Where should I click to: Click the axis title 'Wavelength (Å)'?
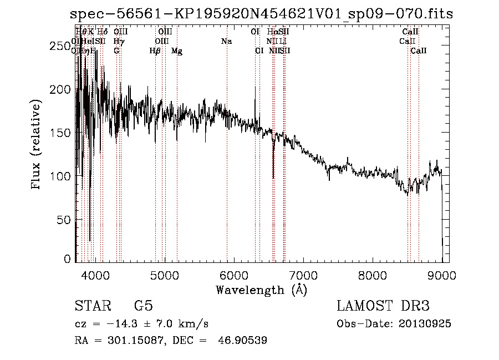click(x=261, y=290)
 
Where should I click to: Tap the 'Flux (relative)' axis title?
click(x=37, y=145)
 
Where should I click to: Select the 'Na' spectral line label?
click(x=226, y=41)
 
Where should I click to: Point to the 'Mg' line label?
click(x=177, y=51)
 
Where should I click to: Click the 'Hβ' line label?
click(x=155, y=51)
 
